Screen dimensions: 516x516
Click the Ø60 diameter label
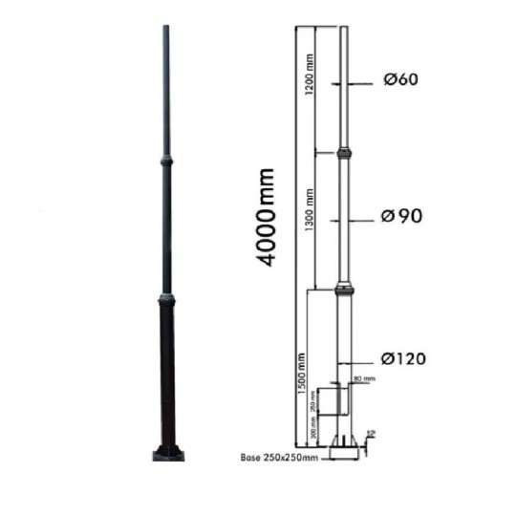point(402,81)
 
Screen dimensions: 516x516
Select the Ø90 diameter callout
point(401,216)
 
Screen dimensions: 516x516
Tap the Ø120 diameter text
point(402,359)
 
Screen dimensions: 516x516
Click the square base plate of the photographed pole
point(166,453)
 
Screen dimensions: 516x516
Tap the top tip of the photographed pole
point(166,29)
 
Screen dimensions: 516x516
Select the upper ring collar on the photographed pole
point(166,161)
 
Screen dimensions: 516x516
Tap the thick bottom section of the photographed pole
point(166,373)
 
